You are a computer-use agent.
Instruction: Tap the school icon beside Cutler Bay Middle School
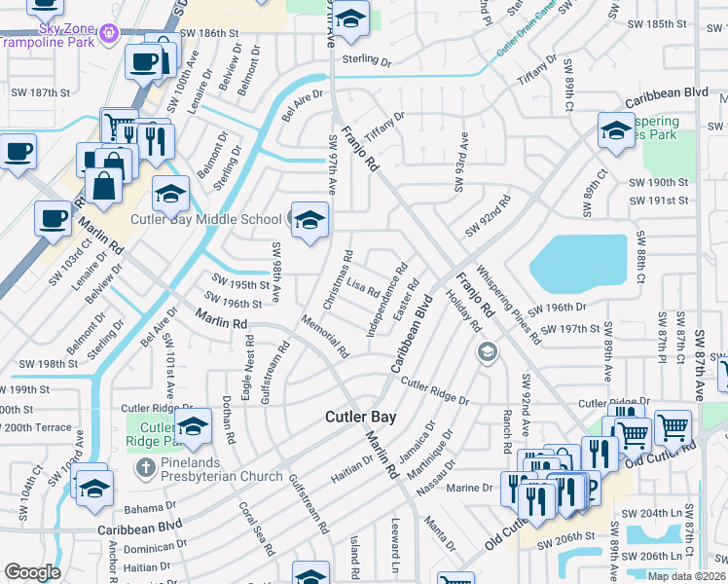(x=309, y=220)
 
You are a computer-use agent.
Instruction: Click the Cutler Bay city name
(x=360, y=417)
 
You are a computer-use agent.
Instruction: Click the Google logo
(x=32, y=572)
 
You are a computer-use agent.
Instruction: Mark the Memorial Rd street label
(x=325, y=336)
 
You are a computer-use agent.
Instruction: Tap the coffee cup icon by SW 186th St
(x=144, y=61)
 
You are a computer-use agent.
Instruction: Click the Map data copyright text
(x=687, y=576)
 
